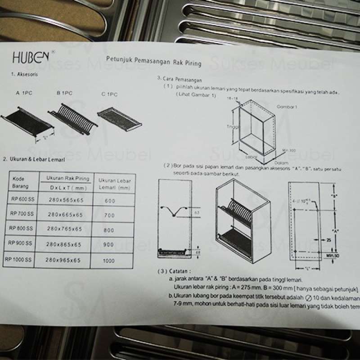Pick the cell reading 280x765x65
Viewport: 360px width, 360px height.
[65, 229]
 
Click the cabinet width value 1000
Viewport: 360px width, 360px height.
[108, 260]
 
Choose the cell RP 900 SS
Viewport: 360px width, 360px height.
[21, 243]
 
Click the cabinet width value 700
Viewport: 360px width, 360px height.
[109, 216]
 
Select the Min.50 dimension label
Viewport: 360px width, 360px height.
[332, 256]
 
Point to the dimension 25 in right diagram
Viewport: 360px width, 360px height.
[328, 241]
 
